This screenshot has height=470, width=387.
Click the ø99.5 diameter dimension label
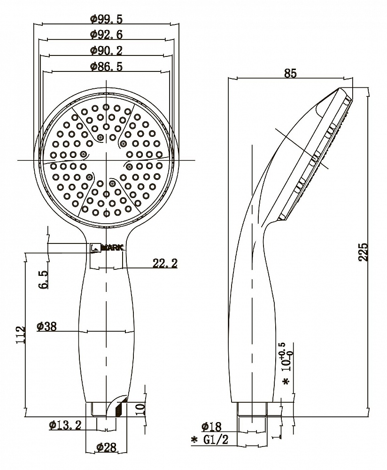(x=106, y=19)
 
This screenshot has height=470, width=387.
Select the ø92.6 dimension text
(x=106, y=35)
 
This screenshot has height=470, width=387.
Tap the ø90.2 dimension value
(x=106, y=50)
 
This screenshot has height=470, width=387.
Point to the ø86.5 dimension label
(x=106, y=66)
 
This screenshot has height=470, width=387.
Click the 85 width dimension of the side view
(x=290, y=73)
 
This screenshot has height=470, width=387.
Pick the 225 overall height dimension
(x=363, y=252)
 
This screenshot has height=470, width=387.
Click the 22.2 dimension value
(x=165, y=263)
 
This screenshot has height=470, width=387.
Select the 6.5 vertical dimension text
(x=43, y=279)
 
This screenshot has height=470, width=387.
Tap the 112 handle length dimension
(x=21, y=335)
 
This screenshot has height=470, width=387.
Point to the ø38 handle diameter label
(x=46, y=326)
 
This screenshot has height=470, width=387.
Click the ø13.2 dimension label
(x=65, y=425)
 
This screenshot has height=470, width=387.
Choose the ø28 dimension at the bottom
(x=106, y=447)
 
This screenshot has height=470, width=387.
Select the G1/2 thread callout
(x=216, y=440)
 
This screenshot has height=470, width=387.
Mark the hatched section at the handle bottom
(x=121, y=409)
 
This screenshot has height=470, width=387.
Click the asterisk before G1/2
(x=194, y=440)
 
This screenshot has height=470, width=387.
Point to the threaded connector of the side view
(x=252, y=408)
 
